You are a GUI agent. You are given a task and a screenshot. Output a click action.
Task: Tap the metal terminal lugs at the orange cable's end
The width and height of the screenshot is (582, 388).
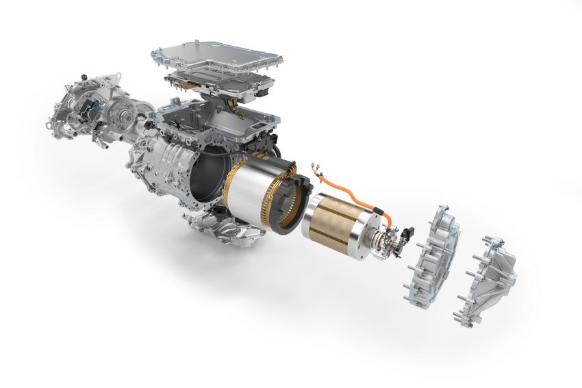(316, 167)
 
